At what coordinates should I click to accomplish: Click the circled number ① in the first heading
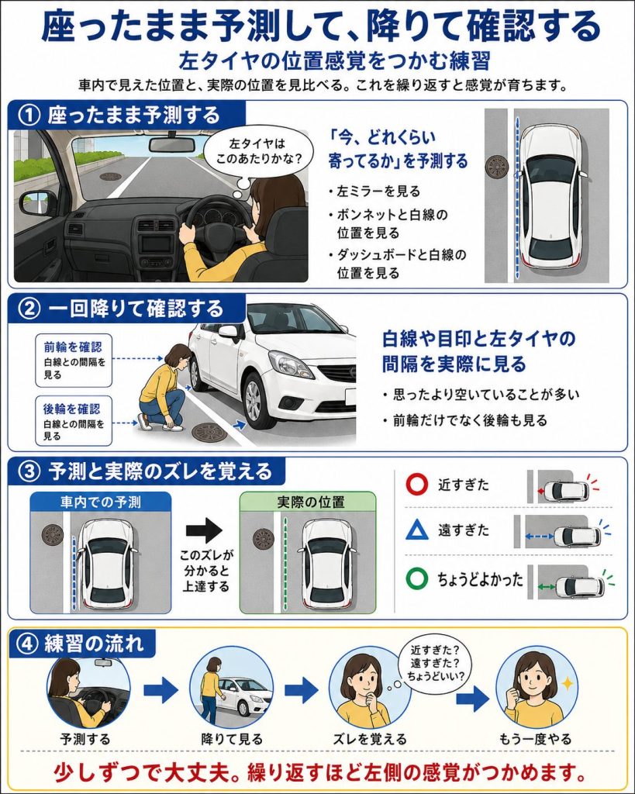[x=29, y=116]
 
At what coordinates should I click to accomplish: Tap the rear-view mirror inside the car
[x=172, y=143]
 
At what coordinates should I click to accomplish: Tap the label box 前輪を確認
[x=74, y=360]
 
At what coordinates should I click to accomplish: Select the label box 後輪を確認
[x=74, y=421]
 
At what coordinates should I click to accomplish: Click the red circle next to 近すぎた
[x=417, y=484]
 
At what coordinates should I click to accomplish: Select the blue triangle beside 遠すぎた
[x=417, y=530]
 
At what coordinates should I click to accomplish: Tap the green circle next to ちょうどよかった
[x=417, y=578]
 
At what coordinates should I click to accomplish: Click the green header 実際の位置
[x=309, y=502]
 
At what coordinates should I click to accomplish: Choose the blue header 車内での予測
[x=101, y=502]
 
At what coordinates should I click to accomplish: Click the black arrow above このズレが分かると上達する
[x=204, y=530]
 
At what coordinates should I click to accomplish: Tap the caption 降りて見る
[x=232, y=739]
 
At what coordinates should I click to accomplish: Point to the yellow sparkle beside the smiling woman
[x=568, y=683]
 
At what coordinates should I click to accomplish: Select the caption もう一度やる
[x=535, y=739]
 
